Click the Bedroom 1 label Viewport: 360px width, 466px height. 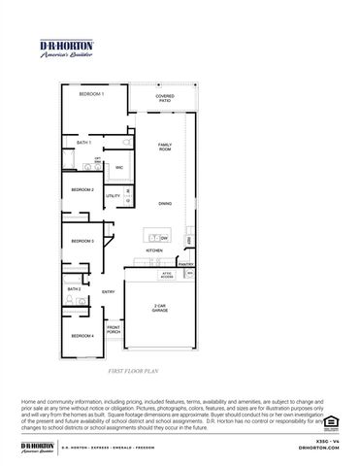click(92, 120)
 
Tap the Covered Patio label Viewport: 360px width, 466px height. click(166, 98)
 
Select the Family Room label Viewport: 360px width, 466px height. click(165, 148)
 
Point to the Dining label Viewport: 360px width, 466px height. click(165, 203)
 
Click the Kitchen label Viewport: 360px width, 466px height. click(154, 250)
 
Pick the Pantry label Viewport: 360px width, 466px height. click(186, 264)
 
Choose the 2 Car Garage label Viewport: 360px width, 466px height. click(161, 307)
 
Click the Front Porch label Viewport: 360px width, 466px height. click(114, 331)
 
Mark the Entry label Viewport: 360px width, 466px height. click(109, 291)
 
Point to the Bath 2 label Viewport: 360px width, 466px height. click(74, 288)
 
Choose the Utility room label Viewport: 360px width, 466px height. click(113, 196)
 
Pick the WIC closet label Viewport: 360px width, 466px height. click(119, 168)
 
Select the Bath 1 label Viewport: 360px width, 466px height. click(83, 143)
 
